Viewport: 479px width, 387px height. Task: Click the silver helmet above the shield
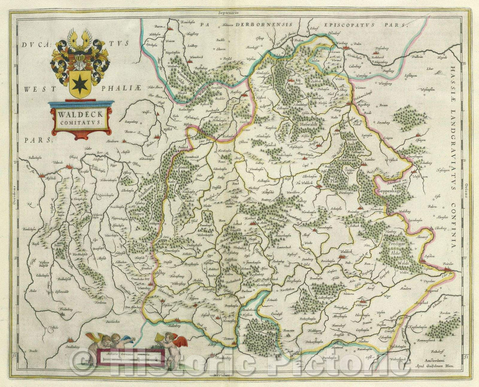click(x=80, y=58)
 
